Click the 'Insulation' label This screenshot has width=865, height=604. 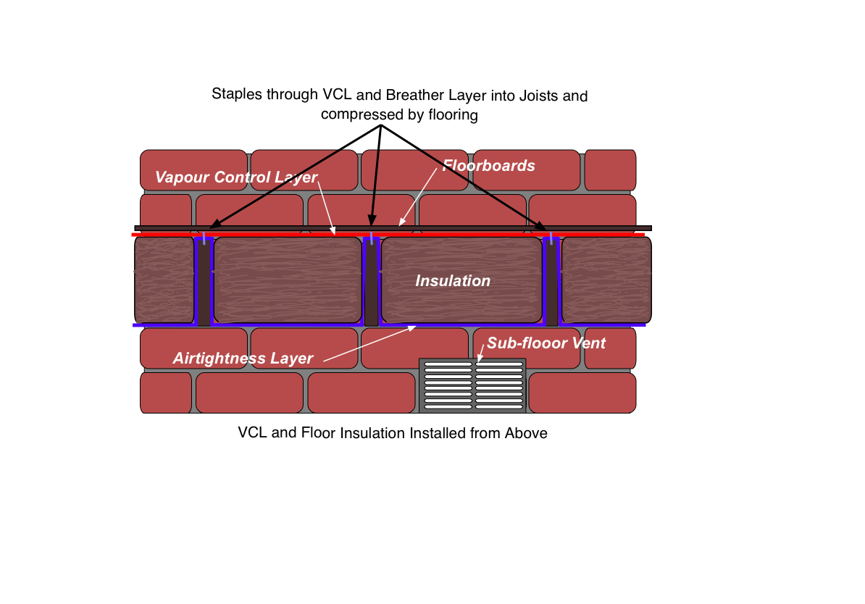(x=452, y=281)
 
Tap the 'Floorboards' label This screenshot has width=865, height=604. (x=489, y=165)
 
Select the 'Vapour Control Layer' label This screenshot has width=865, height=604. (x=236, y=177)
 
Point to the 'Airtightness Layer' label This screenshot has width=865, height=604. (x=243, y=358)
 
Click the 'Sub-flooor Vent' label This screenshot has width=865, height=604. (x=546, y=343)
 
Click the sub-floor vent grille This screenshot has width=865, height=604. (x=473, y=385)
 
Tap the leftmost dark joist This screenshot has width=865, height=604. (x=204, y=282)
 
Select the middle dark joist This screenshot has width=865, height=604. (x=371, y=282)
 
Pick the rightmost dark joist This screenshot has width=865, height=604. (x=551, y=282)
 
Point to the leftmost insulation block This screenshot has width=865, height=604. (x=164, y=280)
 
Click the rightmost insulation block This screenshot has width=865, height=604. (x=606, y=280)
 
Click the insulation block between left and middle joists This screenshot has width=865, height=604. (x=288, y=280)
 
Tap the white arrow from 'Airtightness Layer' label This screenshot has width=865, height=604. (x=369, y=344)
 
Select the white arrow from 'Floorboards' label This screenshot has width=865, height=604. (x=417, y=197)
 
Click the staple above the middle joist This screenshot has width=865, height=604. (x=372, y=238)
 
